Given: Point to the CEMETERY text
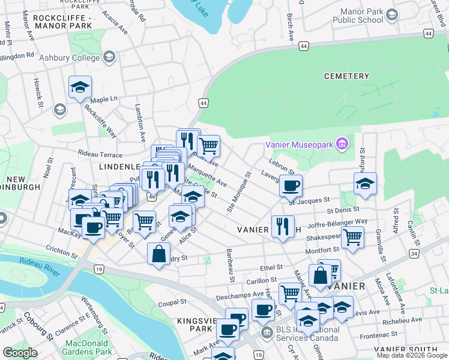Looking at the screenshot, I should point(346,76).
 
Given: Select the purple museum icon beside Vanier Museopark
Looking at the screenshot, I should point(342,143).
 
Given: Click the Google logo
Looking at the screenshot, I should point(20,353).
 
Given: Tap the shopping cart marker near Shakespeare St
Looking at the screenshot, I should point(352,238).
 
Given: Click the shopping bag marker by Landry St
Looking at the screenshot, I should point(158,253).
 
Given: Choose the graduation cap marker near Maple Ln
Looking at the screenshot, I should point(80,88).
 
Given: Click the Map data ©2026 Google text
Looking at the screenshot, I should point(411,355).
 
